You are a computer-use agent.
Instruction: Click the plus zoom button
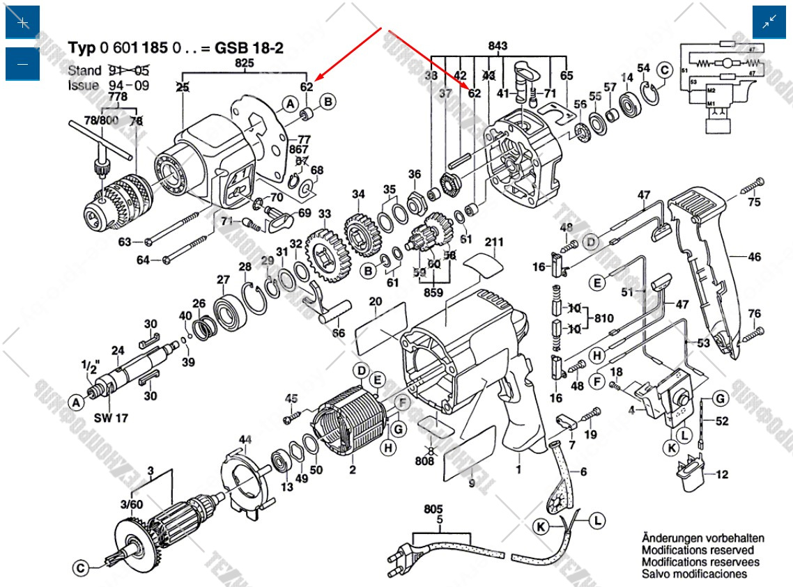pos(23,22)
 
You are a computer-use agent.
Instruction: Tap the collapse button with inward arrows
pos(769,22)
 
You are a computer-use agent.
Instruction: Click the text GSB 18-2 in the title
pos(247,48)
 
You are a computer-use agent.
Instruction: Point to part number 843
pos(498,46)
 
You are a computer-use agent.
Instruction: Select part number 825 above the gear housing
pos(245,63)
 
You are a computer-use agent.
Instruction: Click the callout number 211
pos(494,242)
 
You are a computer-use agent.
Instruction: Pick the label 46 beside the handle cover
pos(754,257)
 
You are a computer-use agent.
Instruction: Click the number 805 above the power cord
pos(433,508)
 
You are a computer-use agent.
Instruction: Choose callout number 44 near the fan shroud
pos(245,439)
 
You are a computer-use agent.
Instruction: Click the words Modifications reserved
pos(698,550)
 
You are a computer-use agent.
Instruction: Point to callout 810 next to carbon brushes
pos(603,318)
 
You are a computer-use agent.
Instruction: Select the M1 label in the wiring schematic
pos(711,104)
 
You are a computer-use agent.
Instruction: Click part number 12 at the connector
pos(722,475)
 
